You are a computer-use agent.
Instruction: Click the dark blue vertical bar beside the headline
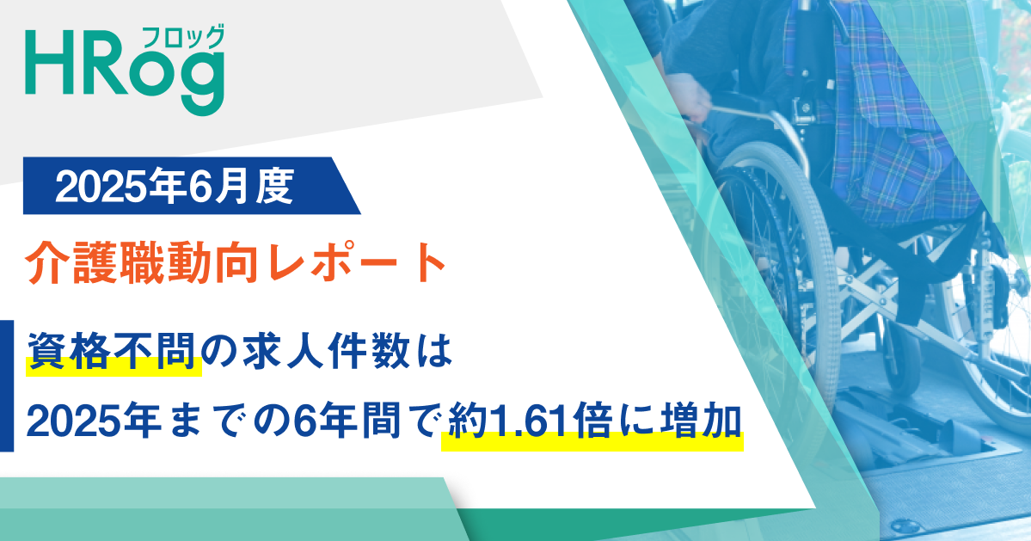(x=7, y=385)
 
